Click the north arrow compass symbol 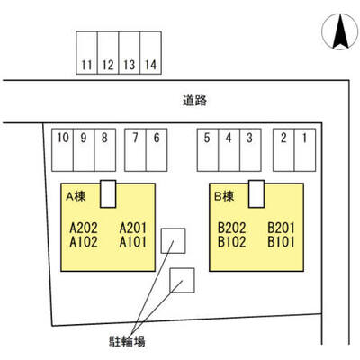pos(340,31)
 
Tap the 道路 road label pos(195,101)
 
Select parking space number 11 pos(86,53)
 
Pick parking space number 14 pos(150,53)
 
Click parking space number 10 pos(63,150)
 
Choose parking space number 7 pos(135,150)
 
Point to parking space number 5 pos(208,150)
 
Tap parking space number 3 pos(250,150)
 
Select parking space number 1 pos(305,150)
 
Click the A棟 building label pos(76,196)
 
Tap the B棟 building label pos(224,196)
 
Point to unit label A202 pos(84,228)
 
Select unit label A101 pos(133,242)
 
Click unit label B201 pos(281,228)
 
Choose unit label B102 pos(232,242)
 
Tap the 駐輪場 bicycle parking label pos(127,342)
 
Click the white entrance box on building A pos(108,193)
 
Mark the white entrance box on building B pos(256,193)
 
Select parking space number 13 pos(130,53)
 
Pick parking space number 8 pos(105,150)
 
